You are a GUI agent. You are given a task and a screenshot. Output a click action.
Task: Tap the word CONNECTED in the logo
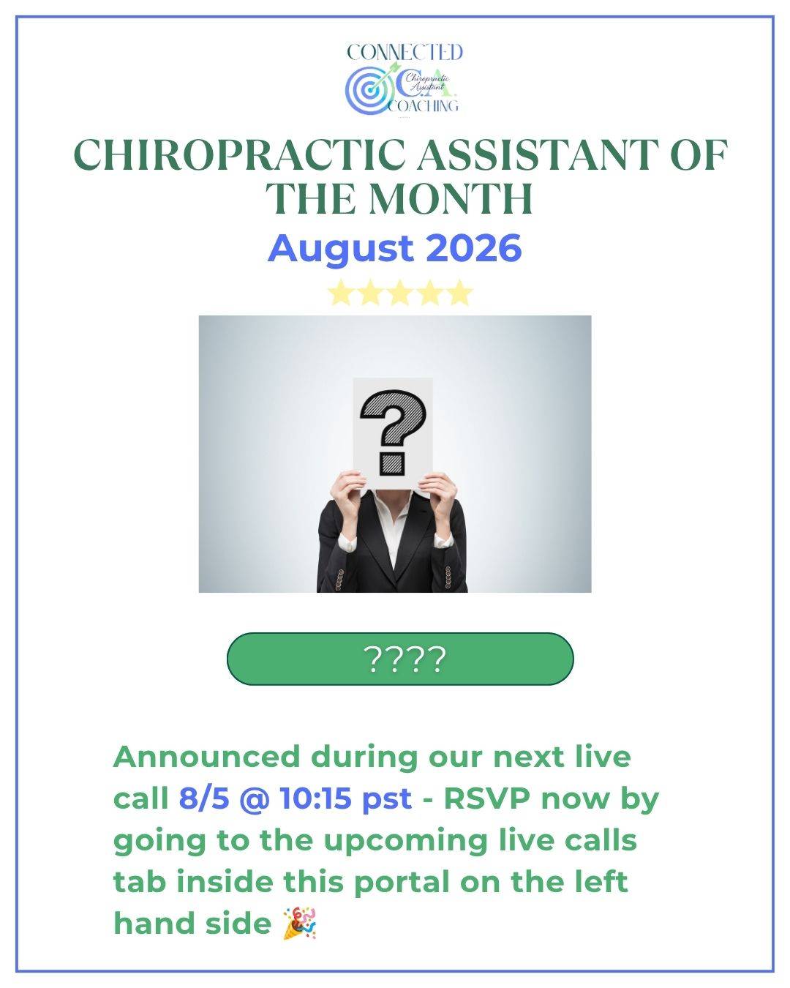click(405, 52)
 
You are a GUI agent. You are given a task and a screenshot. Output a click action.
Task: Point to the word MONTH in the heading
click(451, 198)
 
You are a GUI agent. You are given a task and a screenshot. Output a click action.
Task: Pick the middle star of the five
click(400, 293)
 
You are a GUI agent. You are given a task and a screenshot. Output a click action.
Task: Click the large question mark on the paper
click(394, 432)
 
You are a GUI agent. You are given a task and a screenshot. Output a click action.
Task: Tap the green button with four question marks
click(400, 659)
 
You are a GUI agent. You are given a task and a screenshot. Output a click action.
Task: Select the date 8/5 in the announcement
click(204, 798)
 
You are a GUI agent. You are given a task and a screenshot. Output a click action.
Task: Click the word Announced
click(206, 757)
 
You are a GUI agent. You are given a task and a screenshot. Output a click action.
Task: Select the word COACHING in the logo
click(423, 105)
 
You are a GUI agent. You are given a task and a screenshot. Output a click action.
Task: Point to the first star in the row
click(342, 293)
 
